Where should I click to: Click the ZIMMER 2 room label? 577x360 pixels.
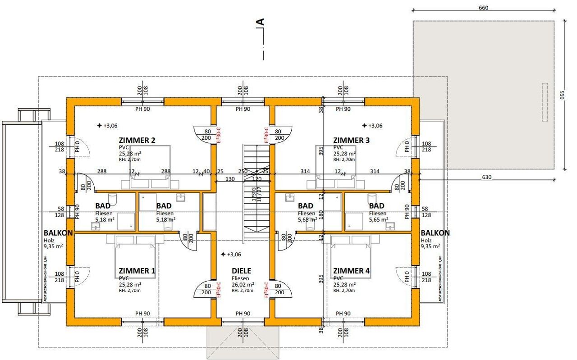click(137, 141)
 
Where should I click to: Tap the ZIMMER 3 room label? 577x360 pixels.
click(351, 141)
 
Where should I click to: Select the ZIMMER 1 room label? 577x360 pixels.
click(137, 271)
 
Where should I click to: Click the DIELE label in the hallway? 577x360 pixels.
click(241, 271)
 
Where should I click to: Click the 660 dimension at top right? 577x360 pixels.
click(484, 8)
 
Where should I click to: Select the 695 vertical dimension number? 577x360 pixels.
click(562, 95)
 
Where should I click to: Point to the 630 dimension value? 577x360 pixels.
click(486, 178)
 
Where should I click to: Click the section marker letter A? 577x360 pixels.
click(260, 22)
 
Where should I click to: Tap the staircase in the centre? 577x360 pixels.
click(256, 194)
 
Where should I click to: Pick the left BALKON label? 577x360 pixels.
click(58, 233)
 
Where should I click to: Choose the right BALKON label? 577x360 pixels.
click(435, 233)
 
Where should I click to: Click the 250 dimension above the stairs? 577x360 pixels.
click(243, 171)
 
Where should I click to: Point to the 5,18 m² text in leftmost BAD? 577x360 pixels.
click(104, 219)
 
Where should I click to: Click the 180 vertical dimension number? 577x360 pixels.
click(321, 214)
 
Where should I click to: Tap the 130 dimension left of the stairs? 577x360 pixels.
click(230, 179)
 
